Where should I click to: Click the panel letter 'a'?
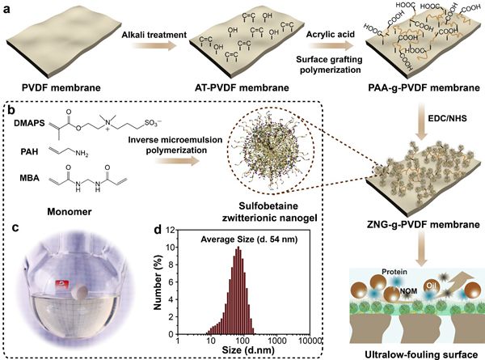(x=7, y=7)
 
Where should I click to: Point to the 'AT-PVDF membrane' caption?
(x=240, y=87)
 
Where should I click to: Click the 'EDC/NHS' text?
(x=440, y=125)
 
